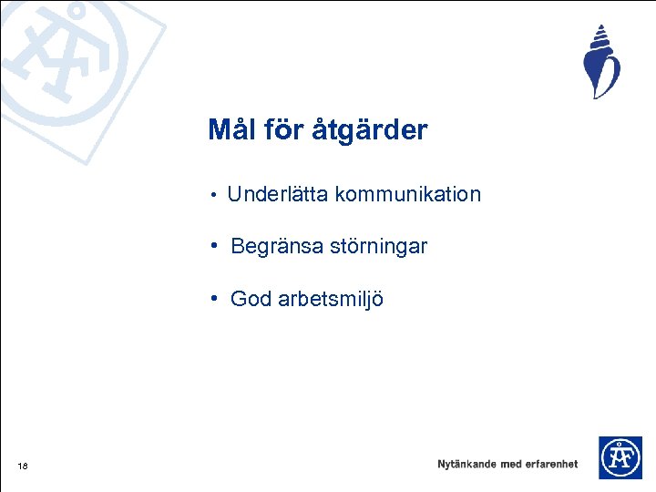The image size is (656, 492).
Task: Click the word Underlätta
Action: click(278, 194)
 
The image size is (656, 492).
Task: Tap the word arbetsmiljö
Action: click(329, 300)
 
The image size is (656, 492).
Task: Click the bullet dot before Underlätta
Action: click(211, 195)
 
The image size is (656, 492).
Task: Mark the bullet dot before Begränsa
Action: click(211, 247)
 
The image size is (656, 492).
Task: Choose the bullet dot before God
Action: click(211, 299)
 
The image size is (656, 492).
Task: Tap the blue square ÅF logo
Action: click(620, 457)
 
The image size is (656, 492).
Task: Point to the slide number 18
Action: click(22, 466)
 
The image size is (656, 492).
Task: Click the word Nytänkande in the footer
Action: click(466, 464)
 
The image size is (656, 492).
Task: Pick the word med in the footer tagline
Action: click(511, 464)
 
